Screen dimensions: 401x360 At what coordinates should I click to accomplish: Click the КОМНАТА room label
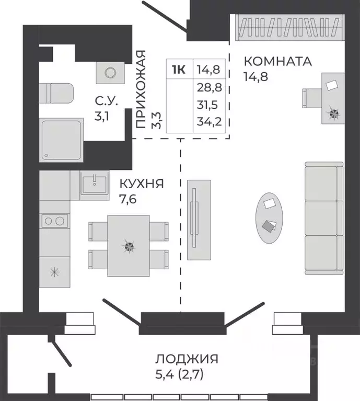[277, 61]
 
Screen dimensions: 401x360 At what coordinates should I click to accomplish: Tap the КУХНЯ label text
[142, 184]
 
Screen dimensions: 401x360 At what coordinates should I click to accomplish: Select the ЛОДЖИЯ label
[186, 359]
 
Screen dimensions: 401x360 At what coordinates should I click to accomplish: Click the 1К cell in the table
[179, 69]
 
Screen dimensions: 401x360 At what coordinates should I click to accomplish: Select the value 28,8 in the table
[208, 88]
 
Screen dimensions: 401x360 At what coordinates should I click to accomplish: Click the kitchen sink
[95, 183]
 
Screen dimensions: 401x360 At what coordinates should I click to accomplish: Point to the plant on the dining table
[129, 245]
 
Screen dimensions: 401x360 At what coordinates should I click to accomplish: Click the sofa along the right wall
[324, 218]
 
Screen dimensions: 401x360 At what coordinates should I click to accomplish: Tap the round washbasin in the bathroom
[111, 73]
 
